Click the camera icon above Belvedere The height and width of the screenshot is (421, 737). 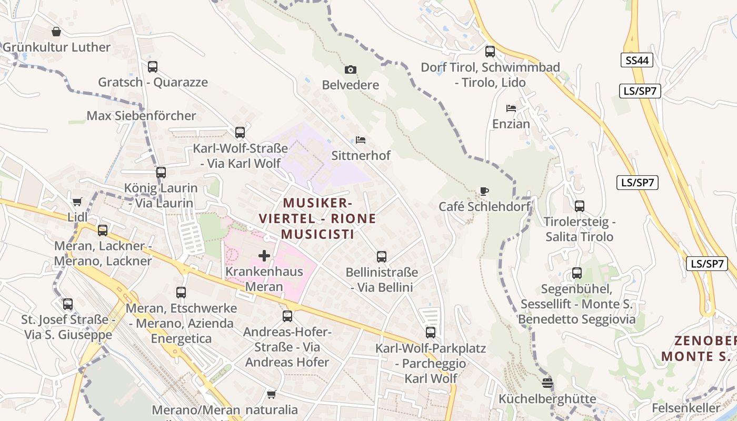coord(350,69)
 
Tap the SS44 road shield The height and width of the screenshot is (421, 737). coord(636,60)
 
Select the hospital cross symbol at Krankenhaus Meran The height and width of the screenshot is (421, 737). coord(264,256)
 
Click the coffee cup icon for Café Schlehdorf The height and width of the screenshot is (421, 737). coord(484,191)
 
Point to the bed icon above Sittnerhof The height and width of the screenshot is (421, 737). coord(361,140)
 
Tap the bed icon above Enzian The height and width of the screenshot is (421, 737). coord(511,108)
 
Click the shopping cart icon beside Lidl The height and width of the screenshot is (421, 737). coord(77,202)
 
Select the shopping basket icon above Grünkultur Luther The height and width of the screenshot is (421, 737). coord(56,32)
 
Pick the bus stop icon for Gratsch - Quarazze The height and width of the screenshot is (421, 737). coord(153,67)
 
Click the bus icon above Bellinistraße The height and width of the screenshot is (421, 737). coord(382,257)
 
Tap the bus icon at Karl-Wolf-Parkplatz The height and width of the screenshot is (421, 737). coord(431,333)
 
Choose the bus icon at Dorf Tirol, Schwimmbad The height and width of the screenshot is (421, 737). coord(490,52)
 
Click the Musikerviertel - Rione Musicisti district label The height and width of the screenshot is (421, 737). coord(317,218)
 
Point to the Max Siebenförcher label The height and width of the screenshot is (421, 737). coord(141,116)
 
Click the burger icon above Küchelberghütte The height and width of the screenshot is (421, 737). coord(547,383)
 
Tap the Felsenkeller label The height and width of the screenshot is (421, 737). coord(685,408)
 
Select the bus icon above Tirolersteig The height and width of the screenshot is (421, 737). coord(580,206)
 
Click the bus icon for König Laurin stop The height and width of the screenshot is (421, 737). coord(161,173)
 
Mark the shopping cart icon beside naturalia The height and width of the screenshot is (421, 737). coord(272,394)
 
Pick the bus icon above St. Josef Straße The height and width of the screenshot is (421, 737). coord(68,304)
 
